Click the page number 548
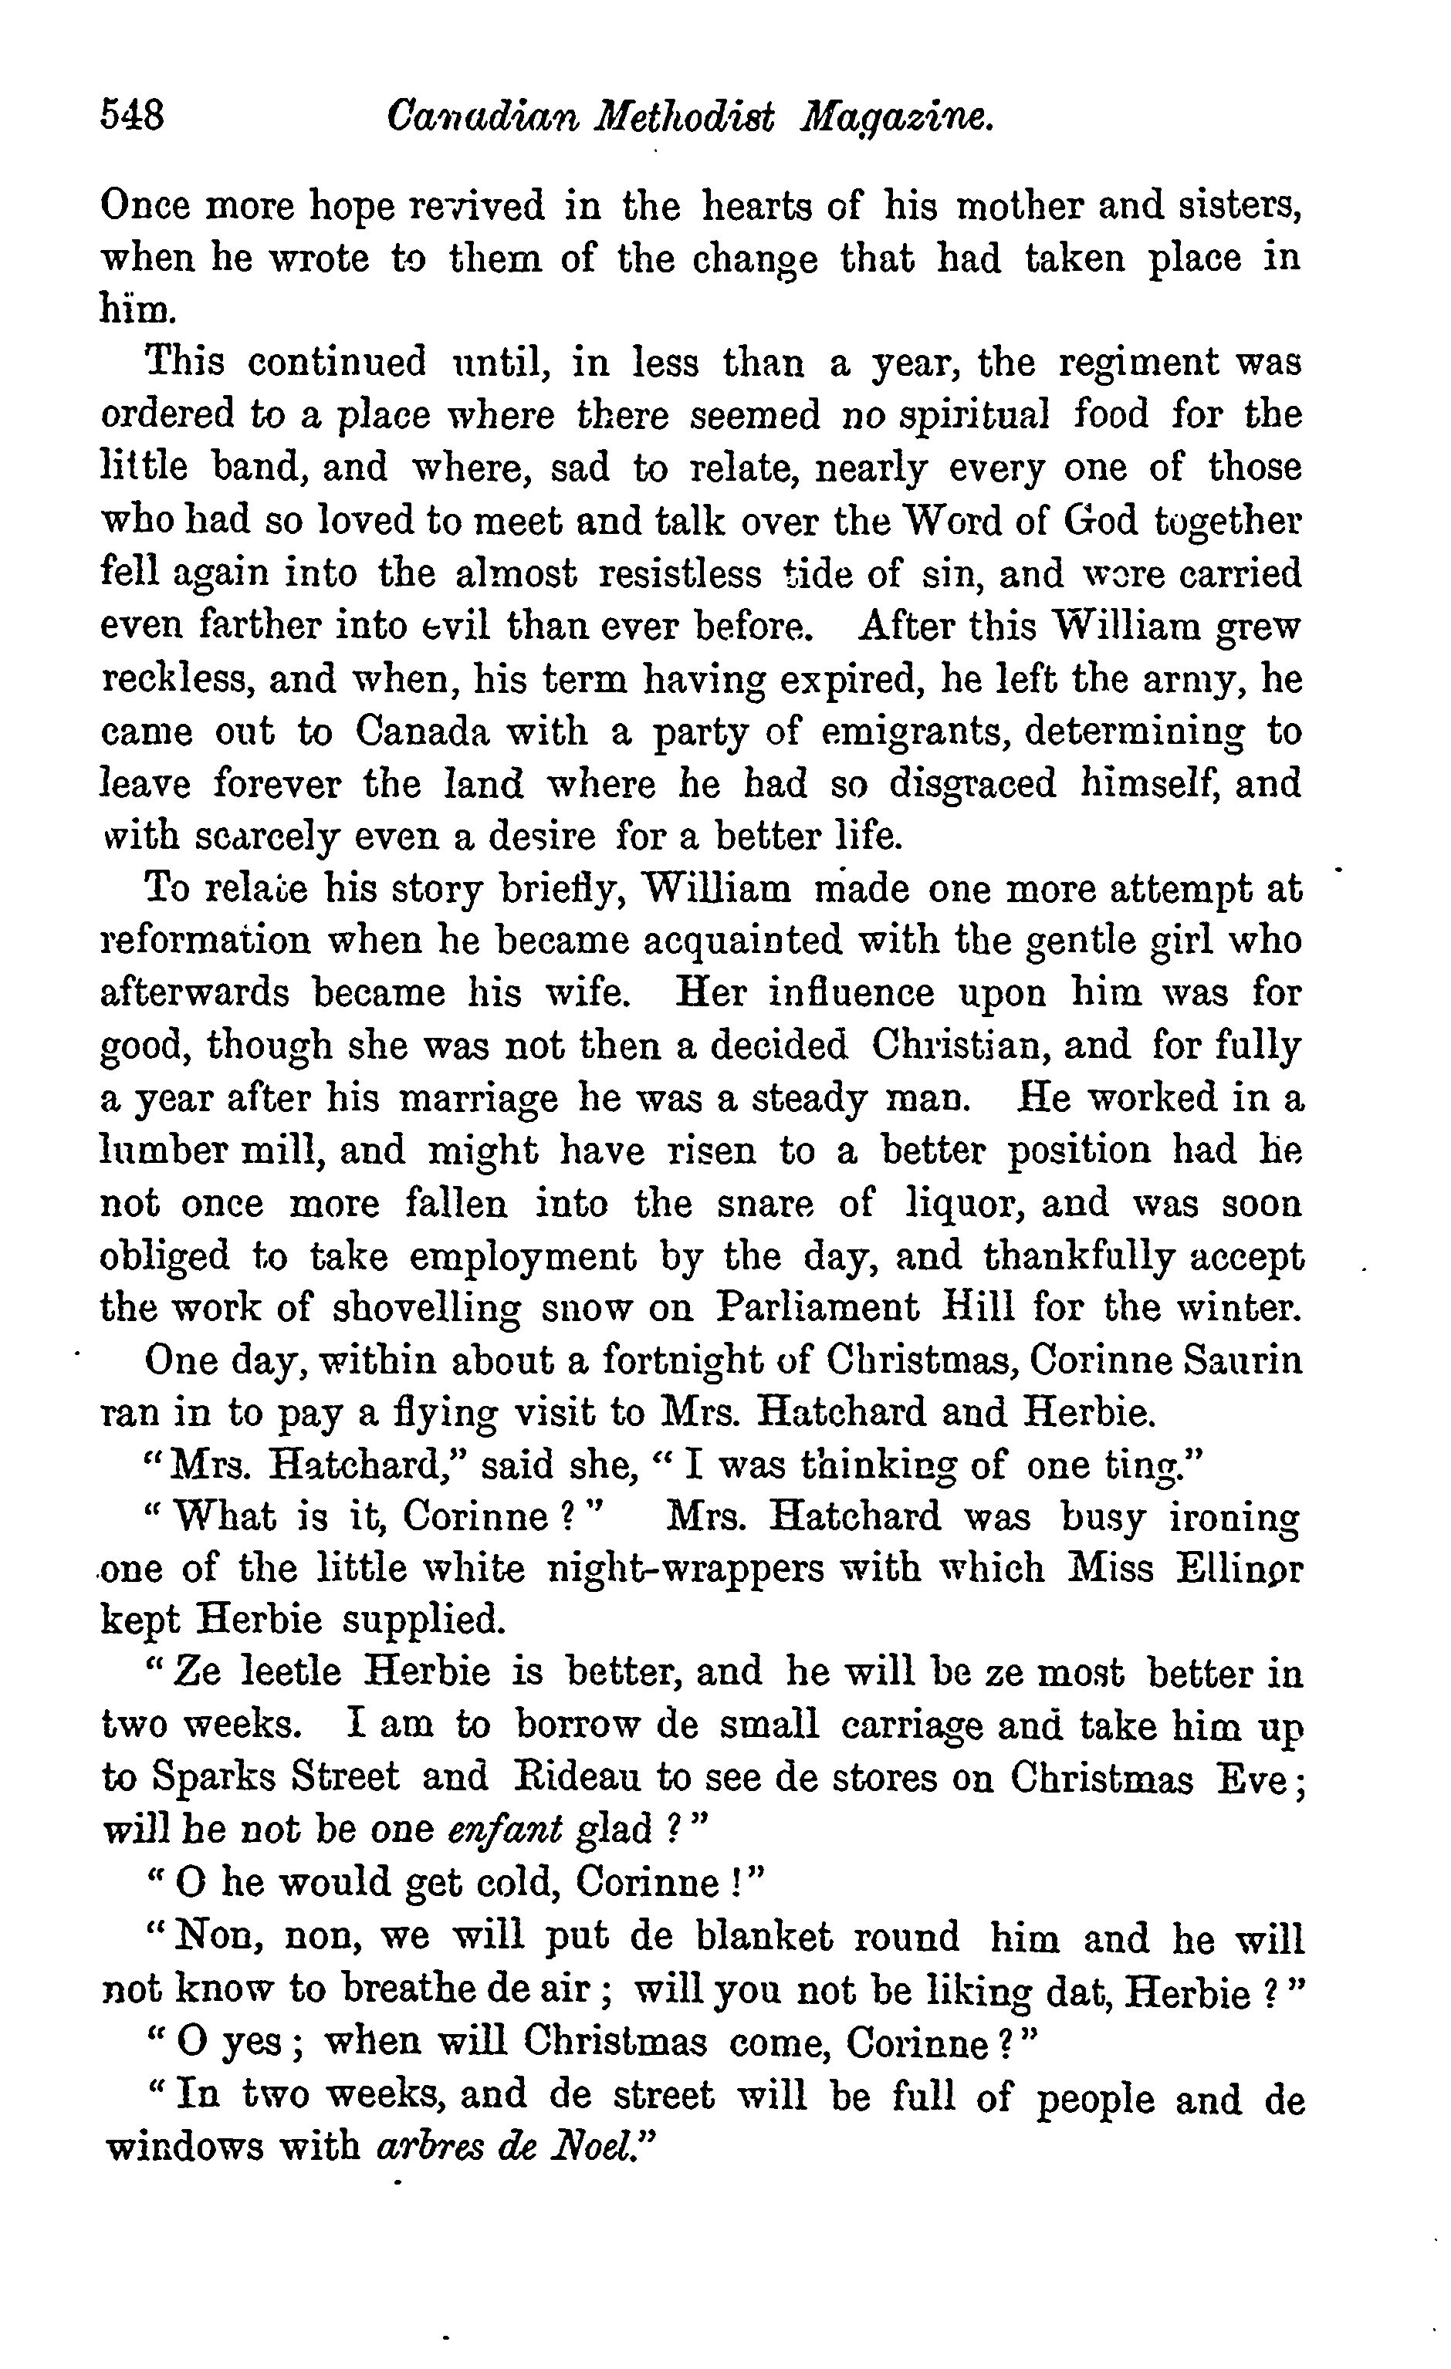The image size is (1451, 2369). [x=133, y=117]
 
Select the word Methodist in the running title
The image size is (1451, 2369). [x=685, y=117]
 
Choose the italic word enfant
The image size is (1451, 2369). [x=506, y=1829]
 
